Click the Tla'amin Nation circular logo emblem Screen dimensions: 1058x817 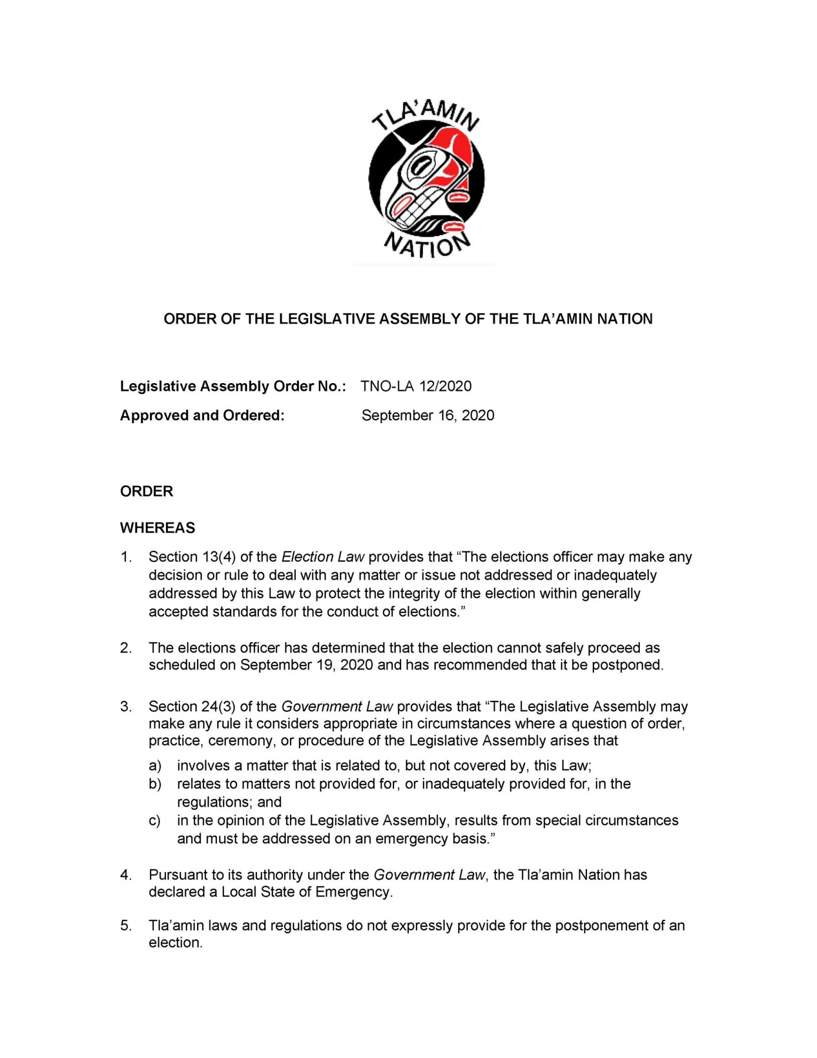click(x=426, y=178)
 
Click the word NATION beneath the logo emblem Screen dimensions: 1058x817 click(x=426, y=246)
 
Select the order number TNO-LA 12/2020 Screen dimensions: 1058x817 click(x=416, y=386)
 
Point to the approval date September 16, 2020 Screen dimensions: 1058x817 click(x=428, y=416)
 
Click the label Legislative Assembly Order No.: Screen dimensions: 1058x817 click(x=233, y=386)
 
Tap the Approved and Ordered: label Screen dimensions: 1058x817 click(x=202, y=416)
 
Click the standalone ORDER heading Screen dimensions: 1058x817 click(x=147, y=492)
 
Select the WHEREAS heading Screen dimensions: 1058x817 click(x=158, y=528)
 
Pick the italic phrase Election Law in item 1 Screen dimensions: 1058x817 click(x=323, y=557)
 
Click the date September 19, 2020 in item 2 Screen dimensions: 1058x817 click(x=307, y=665)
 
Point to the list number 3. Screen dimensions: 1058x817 click(x=125, y=707)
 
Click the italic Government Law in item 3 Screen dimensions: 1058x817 click(x=337, y=707)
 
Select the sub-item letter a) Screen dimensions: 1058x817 click(x=155, y=766)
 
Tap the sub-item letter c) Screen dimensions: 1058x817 click(x=154, y=821)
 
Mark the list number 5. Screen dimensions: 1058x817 click(x=125, y=926)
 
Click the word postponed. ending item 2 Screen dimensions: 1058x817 click(x=627, y=665)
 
